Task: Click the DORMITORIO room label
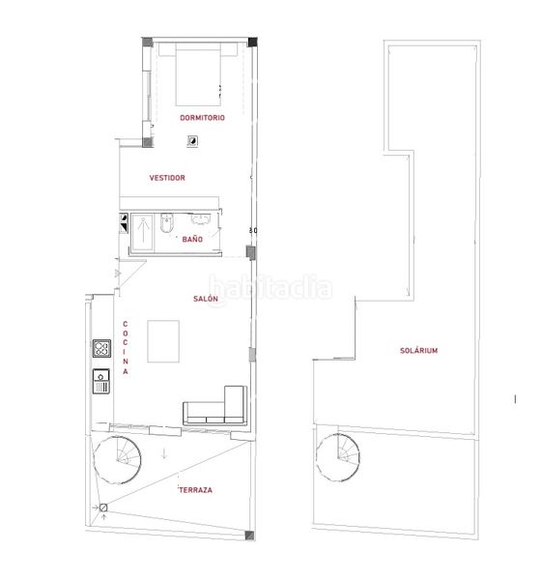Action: (x=202, y=118)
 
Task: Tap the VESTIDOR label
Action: (x=167, y=178)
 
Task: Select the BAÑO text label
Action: (x=192, y=240)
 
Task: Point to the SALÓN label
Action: (x=206, y=299)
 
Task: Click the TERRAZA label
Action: (x=195, y=490)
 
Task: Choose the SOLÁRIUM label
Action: (x=419, y=350)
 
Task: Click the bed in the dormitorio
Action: (x=198, y=74)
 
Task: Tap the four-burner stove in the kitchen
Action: (x=101, y=348)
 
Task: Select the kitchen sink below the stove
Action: (x=100, y=381)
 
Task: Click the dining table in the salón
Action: (x=163, y=341)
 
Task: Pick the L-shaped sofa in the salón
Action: (x=215, y=406)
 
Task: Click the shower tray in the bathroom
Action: (x=143, y=233)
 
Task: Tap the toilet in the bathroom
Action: (x=166, y=222)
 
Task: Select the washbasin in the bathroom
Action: (x=201, y=219)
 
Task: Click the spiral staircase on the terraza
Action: (x=117, y=460)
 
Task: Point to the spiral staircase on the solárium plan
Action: (x=338, y=457)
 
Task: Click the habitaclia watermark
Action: (x=270, y=287)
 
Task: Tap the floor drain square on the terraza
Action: (x=103, y=507)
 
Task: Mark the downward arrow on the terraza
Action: (x=164, y=454)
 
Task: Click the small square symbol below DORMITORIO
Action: (x=192, y=140)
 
